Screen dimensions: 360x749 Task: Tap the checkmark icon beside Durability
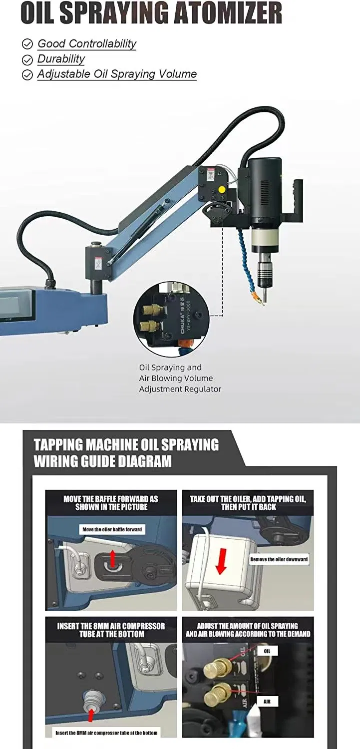pyautogui.click(x=27, y=60)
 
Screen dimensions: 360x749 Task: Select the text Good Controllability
pyautogui.click(x=87, y=43)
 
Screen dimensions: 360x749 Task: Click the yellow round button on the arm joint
pyautogui.click(x=221, y=190)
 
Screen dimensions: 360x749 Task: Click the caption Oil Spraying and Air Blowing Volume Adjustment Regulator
pyautogui.click(x=180, y=378)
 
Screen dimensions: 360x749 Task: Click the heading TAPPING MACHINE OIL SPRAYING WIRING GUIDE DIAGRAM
pyautogui.click(x=126, y=453)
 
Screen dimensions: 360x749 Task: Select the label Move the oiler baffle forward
pyautogui.click(x=112, y=529)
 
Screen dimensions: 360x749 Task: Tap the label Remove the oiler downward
pyautogui.click(x=279, y=559)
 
